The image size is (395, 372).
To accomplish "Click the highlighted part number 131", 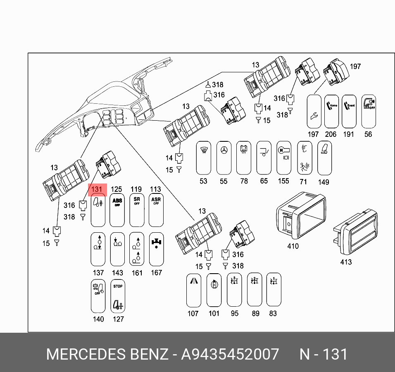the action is pos(96,189).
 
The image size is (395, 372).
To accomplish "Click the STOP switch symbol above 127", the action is pos(118,296).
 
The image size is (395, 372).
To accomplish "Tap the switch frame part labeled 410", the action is pos(301,215).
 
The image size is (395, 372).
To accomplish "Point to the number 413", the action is pos(346,262).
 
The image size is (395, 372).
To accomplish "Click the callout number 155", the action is pos(283,181).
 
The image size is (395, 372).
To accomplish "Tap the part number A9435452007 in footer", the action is pos(230,355).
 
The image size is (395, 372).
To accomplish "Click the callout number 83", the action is pos(273,314).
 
